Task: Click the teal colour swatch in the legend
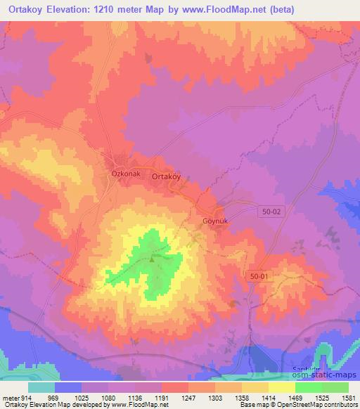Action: pos(41,387)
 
